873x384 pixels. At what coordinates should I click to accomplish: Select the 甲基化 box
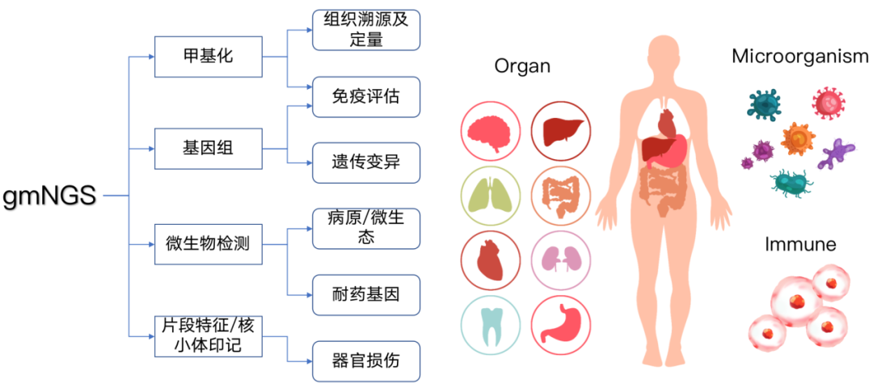209,57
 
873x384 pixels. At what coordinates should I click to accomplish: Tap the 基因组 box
209,149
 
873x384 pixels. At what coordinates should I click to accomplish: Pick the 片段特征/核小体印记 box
209,335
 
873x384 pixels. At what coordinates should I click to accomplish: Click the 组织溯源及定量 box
367,29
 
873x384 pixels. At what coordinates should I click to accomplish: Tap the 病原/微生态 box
367,228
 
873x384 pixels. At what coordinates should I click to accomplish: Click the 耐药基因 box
367,293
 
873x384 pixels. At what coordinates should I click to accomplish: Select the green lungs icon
490,195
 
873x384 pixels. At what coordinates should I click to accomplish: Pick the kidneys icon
559,260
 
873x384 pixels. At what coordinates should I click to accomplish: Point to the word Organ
522,67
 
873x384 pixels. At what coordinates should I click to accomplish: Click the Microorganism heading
800,57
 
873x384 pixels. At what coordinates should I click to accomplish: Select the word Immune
800,243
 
